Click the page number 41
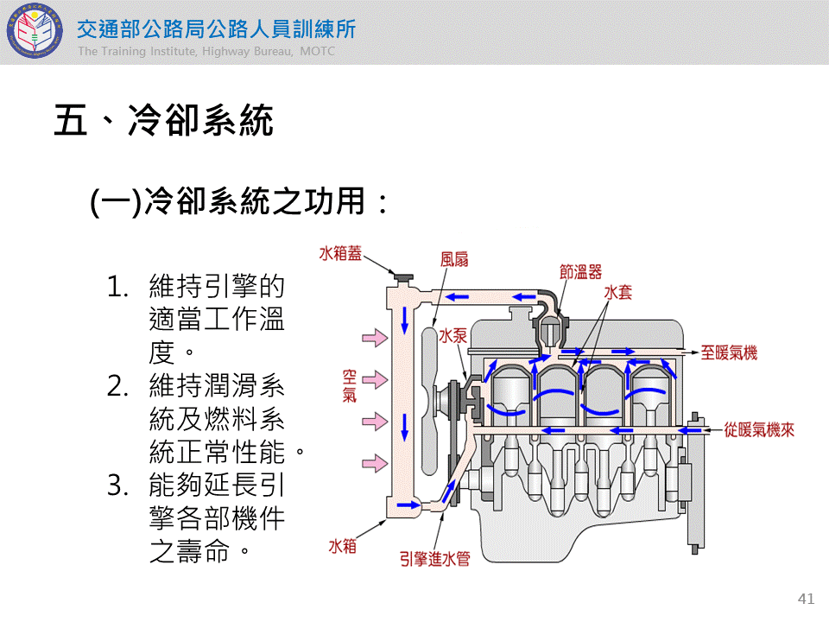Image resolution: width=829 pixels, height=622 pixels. (x=807, y=599)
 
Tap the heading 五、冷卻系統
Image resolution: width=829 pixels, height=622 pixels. (x=164, y=121)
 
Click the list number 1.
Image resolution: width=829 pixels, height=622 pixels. (x=117, y=287)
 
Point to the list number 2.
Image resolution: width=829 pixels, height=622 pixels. (x=118, y=385)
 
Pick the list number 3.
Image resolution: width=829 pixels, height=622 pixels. (x=118, y=485)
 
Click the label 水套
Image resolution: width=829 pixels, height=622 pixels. (x=618, y=292)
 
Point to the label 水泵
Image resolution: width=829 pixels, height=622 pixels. (x=452, y=335)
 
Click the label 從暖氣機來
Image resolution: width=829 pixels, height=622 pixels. (x=760, y=429)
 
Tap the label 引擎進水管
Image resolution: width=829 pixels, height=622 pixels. (x=434, y=560)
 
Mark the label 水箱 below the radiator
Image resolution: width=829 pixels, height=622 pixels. (x=342, y=546)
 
